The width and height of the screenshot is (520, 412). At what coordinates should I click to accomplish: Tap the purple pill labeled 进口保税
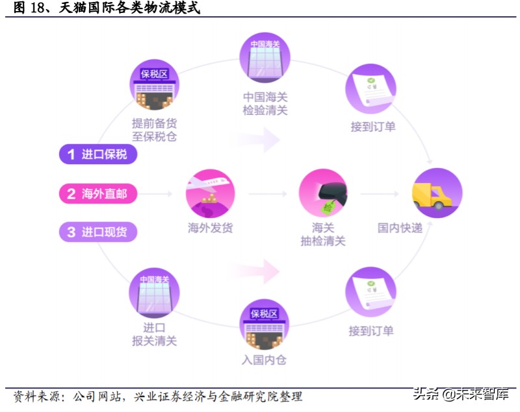[x=97, y=154]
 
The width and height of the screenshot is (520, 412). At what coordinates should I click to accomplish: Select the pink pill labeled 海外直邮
[x=97, y=193]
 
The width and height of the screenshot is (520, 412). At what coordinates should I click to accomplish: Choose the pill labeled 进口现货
[x=97, y=232]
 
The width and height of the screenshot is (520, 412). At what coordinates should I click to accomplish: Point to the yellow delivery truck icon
[x=437, y=193]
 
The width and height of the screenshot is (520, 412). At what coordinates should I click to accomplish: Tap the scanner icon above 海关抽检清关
[x=323, y=193]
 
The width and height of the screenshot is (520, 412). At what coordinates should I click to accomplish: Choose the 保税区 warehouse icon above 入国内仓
[x=264, y=323]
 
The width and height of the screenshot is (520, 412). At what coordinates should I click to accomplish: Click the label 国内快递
[x=400, y=228]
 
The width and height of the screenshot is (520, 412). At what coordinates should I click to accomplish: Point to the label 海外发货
[x=210, y=228]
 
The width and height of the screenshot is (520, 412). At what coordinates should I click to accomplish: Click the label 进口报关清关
[x=154, y=334]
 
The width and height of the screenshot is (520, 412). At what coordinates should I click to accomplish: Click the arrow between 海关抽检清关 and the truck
[x=383, y=193]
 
